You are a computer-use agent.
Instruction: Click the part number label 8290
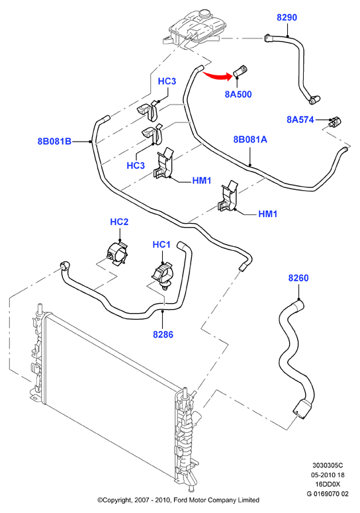[287, 17]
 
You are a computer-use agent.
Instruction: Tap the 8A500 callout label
[238, 94]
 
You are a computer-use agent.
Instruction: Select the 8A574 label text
[300, 120]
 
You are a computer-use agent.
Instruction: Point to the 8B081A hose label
[250, 140]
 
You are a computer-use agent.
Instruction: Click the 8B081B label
[54, 142]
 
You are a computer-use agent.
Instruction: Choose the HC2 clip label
[119, 222]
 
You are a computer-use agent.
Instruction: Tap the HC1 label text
[161, 244]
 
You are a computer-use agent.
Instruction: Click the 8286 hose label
[163, 334]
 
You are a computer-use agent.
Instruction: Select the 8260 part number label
[298, 278]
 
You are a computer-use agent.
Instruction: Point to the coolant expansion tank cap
[205, 14]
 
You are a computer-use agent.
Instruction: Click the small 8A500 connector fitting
[240, 71]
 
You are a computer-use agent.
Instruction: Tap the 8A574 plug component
[335, 122]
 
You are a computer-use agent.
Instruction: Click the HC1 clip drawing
[163, 275]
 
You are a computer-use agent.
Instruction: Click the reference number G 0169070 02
[328, 494]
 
